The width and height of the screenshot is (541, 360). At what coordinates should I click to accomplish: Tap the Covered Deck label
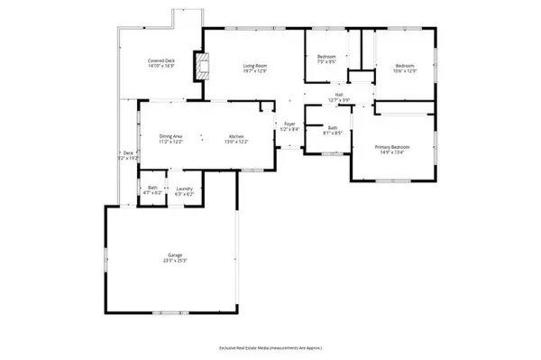(161, 61)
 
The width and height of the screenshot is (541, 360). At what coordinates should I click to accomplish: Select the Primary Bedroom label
(393, 147)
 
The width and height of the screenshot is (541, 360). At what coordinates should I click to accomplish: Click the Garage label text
(169, 256)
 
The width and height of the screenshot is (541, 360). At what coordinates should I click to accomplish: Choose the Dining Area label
(171, 135)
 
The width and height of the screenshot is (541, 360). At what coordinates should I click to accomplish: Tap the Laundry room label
(183, 189)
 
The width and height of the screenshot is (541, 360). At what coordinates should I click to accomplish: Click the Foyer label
(290, 124)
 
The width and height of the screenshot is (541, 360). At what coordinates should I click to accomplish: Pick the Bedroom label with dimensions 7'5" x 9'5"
(326, 58)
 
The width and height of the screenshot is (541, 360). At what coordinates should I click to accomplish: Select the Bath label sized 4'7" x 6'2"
(152, 189)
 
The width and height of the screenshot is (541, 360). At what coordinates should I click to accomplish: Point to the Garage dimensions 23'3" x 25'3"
(169, 262)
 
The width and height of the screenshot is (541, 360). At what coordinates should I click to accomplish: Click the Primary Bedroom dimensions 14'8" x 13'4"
(393, 152)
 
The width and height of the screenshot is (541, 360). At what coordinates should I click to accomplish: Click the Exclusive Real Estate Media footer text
(270, 347)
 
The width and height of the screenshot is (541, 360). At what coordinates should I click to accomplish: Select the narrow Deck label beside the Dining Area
(128, 152)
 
